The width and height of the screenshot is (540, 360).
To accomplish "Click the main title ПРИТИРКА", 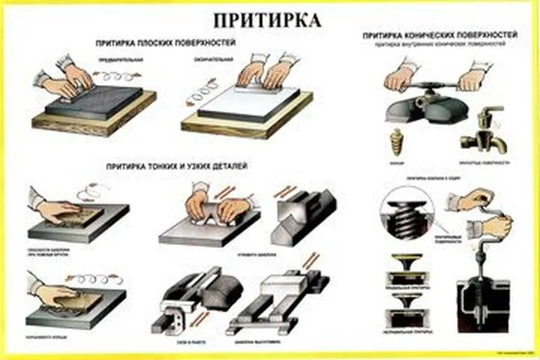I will pos(268,19).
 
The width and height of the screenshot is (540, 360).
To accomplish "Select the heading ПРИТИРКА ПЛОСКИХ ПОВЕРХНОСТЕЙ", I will pos(165,44).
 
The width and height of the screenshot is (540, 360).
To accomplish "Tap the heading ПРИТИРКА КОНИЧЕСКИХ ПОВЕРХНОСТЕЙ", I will pos(440,35).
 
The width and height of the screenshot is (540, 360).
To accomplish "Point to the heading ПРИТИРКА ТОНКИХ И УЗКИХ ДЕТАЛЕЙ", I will pos(177,166).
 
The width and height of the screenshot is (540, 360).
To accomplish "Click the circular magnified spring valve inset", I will pos(406,214).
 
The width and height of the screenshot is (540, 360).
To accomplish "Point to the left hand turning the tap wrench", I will pos(398,78).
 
